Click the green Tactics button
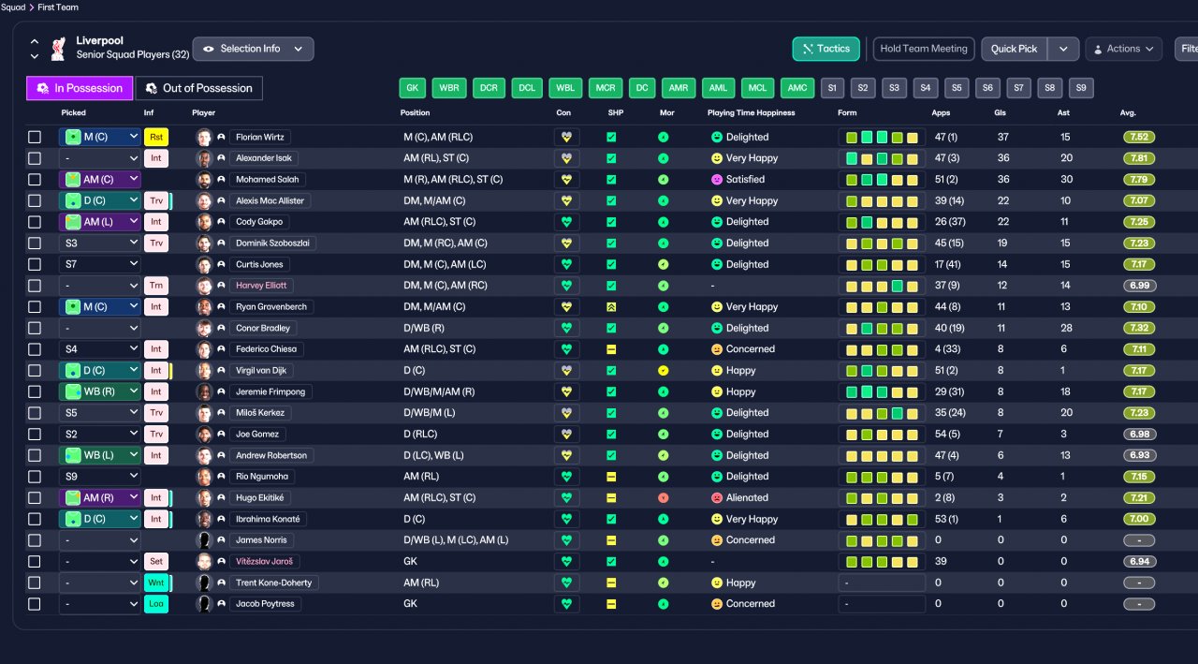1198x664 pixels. pos(825,49)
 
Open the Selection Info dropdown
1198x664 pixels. pos(253,49)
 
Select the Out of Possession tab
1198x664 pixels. pos(199,88)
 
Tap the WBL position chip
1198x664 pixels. pos(564,88)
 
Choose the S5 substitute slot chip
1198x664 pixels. pos(957,88)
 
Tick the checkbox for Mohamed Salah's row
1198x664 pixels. pos(35,179)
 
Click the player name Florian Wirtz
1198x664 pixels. pos(260,137)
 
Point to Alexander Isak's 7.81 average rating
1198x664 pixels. pos(1139,158)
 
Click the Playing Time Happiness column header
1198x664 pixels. pos(751,113)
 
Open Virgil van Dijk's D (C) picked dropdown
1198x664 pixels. pos(99,370)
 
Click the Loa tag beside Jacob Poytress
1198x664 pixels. pos(156,603)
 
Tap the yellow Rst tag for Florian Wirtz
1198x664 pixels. pos(156,137)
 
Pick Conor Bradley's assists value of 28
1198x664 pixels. pos(1066,328)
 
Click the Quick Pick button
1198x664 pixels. pos(1014,49)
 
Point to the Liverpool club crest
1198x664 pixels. pos(58,49)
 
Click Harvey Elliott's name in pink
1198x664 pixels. pos(261,286)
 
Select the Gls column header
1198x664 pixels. pos(1000,113)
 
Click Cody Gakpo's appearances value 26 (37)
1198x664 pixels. pos(949,222)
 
